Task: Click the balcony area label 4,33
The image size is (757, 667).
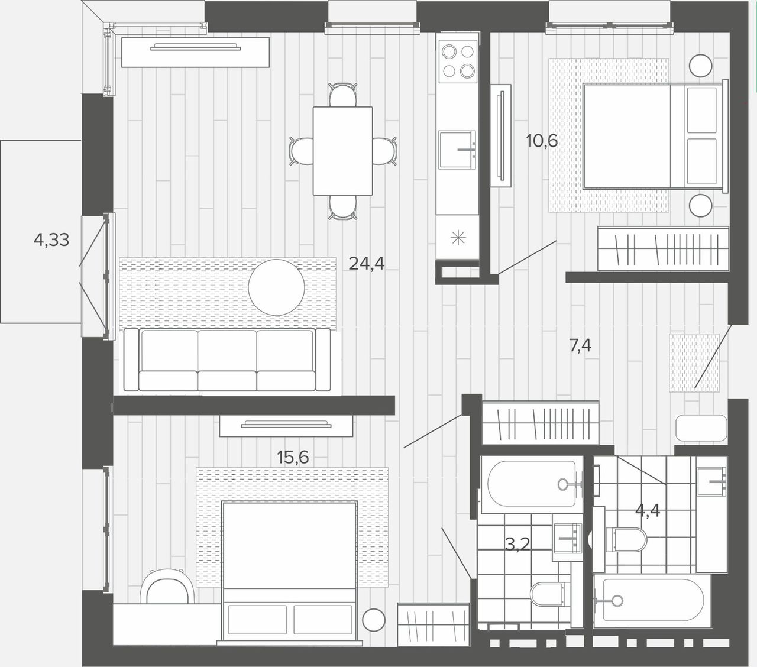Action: [51, 240]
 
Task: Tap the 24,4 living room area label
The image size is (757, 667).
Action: [366, 264]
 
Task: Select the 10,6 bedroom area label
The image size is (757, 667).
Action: [542, 141]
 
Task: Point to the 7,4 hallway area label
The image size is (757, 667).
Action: [580, 346]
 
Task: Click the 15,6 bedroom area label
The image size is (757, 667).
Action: [293, 457]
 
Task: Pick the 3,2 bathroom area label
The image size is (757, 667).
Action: [517, 545]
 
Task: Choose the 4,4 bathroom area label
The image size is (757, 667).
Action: [648, 510]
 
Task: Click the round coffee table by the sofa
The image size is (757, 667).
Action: [277, 287]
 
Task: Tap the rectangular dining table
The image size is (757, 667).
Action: [342, 151]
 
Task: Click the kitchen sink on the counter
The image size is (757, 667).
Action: [457, 150]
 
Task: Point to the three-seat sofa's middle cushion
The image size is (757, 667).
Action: [227, 360]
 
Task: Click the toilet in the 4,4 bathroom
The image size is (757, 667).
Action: [626, 539]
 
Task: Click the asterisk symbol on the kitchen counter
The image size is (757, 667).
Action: [458, 238]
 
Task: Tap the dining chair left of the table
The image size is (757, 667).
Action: [302, 151]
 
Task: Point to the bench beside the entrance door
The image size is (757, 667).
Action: [701, 428]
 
